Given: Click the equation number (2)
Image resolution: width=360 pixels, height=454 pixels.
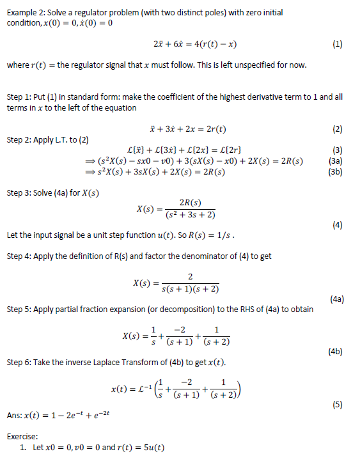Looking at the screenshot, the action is [338, 129].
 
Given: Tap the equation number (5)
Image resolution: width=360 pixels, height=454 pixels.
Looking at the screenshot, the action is [338, 404].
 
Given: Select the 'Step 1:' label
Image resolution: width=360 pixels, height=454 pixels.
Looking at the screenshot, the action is [19, 97].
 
